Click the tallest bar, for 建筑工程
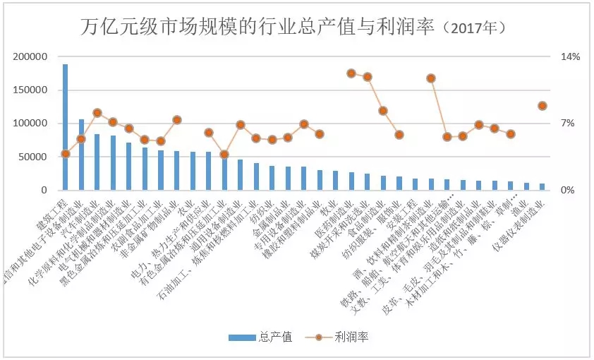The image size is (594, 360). [66, 127]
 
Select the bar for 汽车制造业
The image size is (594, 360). [97, 162]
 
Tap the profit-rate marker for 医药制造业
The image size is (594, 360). [351, 73]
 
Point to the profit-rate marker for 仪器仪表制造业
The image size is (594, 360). [543, 106]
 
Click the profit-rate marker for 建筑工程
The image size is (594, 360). [66, 154]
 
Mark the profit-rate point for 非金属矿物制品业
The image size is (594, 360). [177, 120]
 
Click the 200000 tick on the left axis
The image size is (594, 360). [32, 57]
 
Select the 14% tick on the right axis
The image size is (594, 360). [570, 57]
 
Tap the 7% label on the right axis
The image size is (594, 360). [567, 124]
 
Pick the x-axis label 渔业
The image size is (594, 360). [520, 210]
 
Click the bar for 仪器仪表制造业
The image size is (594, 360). [543, 187]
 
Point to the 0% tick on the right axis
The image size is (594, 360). [567, 191]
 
